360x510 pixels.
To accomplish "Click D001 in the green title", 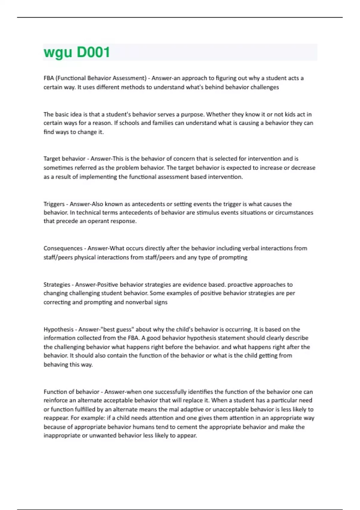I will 93,52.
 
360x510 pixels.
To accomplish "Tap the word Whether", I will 218,114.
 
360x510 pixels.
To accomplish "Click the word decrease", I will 303,168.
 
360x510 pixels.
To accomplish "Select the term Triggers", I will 54,204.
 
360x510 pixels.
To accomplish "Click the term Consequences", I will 63,248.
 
